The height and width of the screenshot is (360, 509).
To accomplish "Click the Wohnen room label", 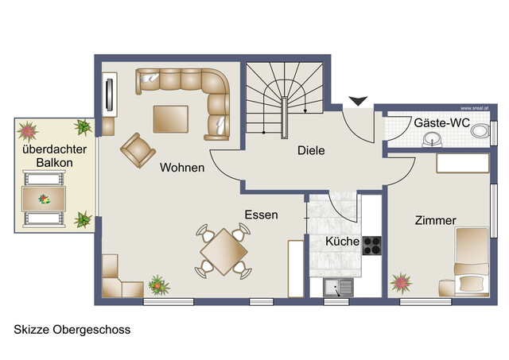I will [181, 168].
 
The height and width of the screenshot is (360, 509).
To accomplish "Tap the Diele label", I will [312, 150].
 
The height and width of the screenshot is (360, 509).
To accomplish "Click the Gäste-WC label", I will [441, 123].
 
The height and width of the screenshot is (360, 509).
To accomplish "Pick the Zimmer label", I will [435, 220].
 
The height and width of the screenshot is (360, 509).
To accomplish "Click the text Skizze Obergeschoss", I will [72, 329].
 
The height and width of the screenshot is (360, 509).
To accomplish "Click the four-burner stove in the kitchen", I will [372, 246].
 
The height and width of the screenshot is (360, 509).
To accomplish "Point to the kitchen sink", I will [337, 287].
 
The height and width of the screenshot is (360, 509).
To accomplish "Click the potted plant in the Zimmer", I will [402, 281].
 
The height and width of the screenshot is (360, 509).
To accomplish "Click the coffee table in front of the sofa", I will [171, 118].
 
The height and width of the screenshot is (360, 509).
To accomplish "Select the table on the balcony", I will [45, 197].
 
